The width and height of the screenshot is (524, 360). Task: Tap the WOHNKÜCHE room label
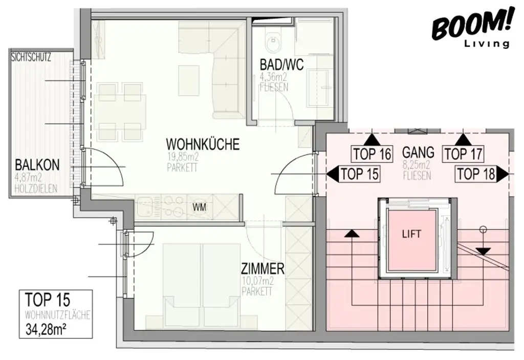click(x=202, y=144)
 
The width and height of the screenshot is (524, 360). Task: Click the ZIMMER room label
click(x=263, y=268)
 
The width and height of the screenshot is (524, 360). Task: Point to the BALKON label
click(x=37, y=165)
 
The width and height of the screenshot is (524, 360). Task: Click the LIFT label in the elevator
click(x=412, y=234)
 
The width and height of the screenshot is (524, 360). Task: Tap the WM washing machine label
click(x=200, y=207)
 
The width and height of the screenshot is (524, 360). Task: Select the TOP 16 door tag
click(x=372, y=153)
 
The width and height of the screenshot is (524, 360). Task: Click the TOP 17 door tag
click(x=463, y=153)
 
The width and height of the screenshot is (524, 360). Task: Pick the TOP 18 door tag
click(x=476, y=175)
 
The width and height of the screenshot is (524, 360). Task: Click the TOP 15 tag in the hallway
click(x=360, y=174)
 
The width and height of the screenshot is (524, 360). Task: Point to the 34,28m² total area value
click(x=45, y=329)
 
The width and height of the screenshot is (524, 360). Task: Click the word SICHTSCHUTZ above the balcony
click(x=31, y=57)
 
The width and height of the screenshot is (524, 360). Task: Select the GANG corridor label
click(x=418, y=152)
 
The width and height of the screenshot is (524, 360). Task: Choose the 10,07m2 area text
click(x=256, y=281)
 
